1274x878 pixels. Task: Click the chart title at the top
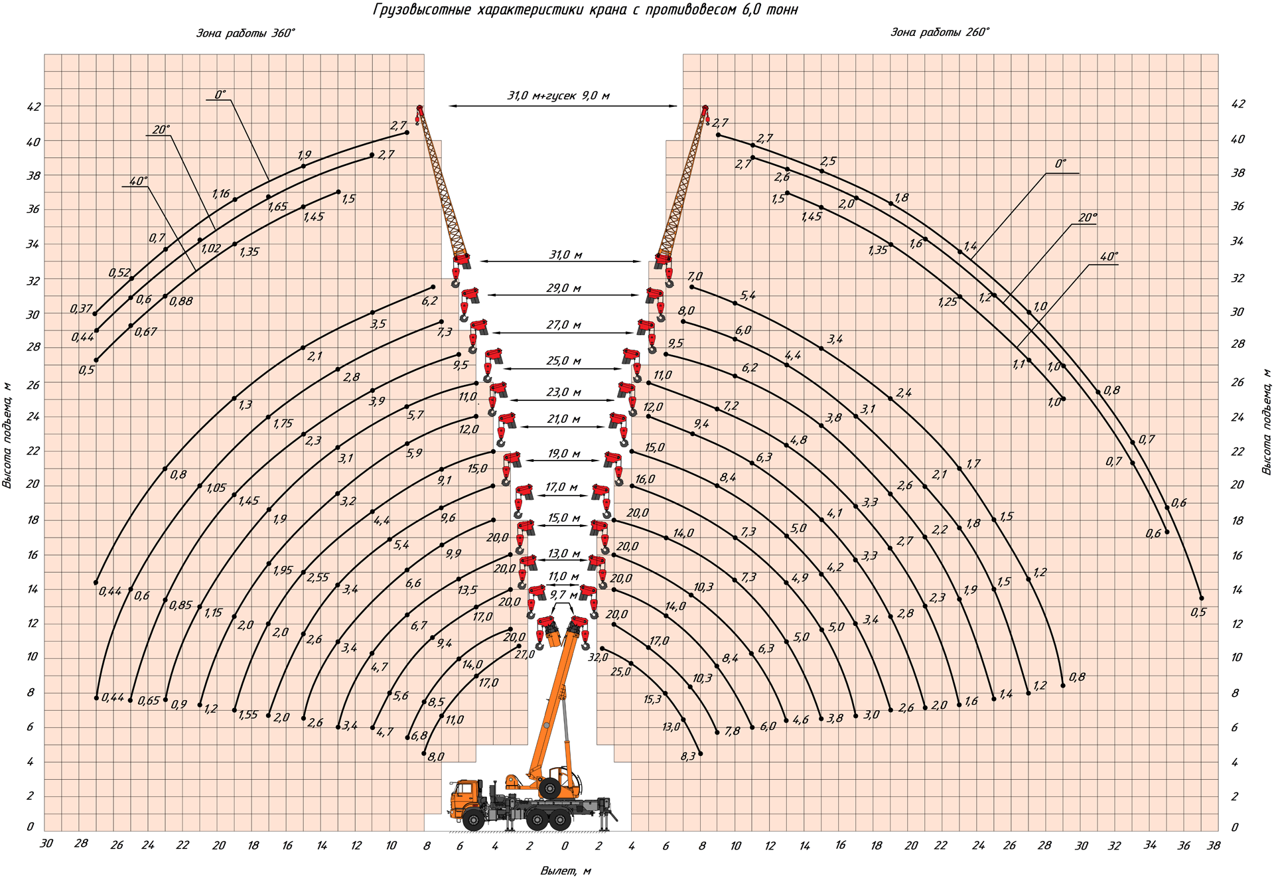585,10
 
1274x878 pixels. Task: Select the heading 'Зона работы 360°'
246,33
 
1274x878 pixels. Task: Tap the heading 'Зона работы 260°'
940,32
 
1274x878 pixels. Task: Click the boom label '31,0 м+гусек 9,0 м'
558,96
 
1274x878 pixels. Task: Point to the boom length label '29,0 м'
564,288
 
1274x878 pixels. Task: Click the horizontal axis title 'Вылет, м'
565,871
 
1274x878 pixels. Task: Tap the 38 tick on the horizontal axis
1214,845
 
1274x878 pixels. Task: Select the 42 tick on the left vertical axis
33,107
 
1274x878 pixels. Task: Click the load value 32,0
598,657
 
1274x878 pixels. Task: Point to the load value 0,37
81,309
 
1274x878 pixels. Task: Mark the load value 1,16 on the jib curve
221,194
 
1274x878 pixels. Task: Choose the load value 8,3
688,756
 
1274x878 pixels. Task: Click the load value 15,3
652,699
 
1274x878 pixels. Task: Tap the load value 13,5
467,589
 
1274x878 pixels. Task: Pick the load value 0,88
181,301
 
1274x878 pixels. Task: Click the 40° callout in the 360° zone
138,181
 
